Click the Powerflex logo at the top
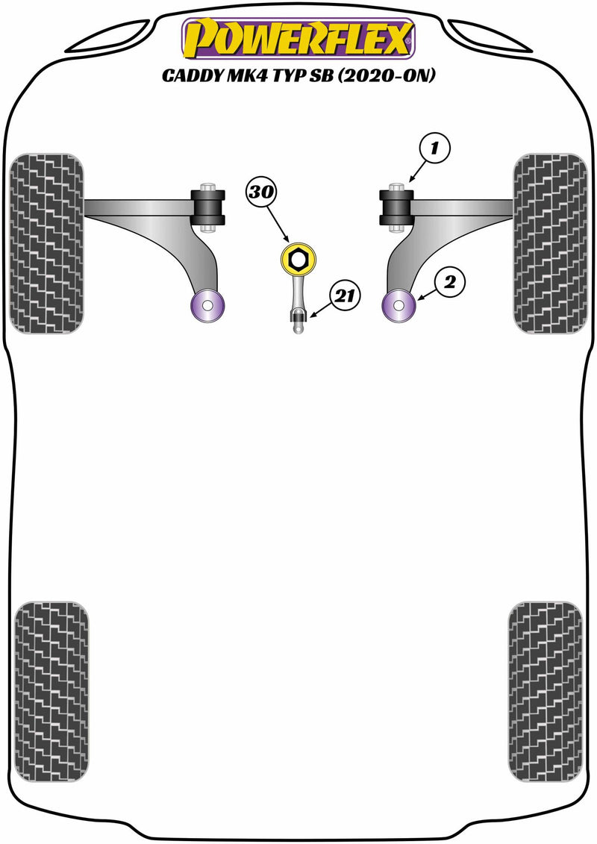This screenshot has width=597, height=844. (x=298, y=40)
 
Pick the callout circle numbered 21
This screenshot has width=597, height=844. (x=343, y=296)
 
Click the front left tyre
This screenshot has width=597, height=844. (x=46, y=243)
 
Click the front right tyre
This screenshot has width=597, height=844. (x=550, y=243)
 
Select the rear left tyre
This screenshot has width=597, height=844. (x=51, y=691)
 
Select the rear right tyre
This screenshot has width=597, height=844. (x=545, y=691)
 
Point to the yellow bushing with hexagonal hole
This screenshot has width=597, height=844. (x=298, y=260)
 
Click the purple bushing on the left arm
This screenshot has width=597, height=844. (x=208, y=305)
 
